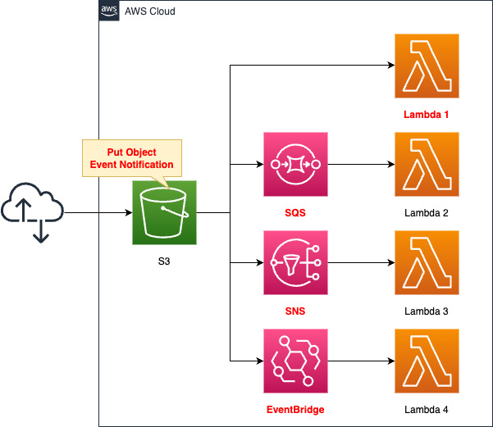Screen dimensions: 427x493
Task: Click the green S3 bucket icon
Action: [x=164, y=213]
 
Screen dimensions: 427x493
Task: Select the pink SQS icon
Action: [x=294, y=164]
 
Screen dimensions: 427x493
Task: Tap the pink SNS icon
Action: [x=294, y=262]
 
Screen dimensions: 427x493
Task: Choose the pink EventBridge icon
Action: [x=294, y=361]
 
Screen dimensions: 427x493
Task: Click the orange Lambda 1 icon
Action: [x=426, y=66]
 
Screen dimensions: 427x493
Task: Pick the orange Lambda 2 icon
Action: [x=426, y=164]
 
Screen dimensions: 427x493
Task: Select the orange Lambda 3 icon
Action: [x=426, y=262]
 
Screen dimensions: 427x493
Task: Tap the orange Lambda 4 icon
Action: [x=426, y=361]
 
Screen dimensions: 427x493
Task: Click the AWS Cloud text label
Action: [x=149, y=11]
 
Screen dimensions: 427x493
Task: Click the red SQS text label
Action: [x=294, y=212]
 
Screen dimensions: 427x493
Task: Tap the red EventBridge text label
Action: [x=294, y=408]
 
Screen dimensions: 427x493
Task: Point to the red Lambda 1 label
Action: [x=426, y=114]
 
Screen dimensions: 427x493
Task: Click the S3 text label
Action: [x=164, y=261]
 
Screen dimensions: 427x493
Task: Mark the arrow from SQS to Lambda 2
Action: [x=360, y=164]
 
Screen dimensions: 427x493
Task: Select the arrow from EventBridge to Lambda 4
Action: [x=360, y=361]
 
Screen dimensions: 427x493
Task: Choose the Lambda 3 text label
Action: [x=426, y=311]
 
